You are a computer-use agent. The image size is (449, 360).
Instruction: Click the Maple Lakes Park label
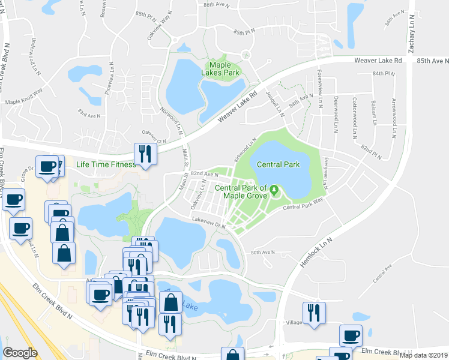pyautogui.click(x=223, y=68)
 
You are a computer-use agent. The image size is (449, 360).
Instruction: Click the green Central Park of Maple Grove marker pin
pyautogui.click(x=275, y=191)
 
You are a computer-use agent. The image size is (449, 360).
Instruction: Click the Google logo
pyautogui.click(x=20, y=353)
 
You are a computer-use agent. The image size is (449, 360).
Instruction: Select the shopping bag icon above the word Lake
pyautogui.click(x=170, y=302)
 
